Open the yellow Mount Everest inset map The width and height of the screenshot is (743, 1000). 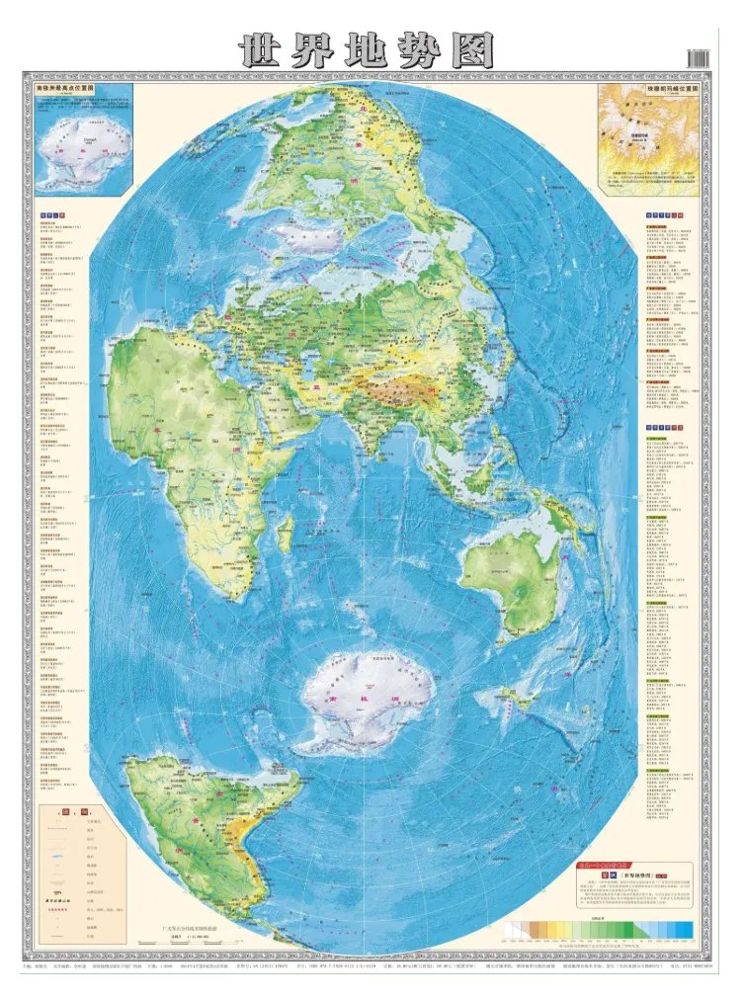(648, 138)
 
